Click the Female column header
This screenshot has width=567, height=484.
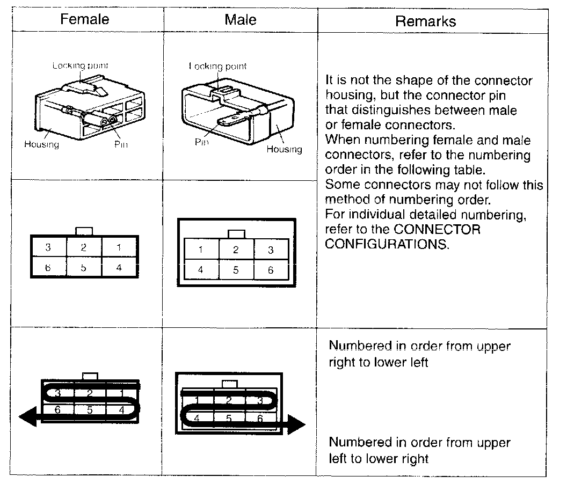(84, 20)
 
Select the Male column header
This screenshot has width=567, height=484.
(240, 20)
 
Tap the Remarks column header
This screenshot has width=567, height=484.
(425, 21)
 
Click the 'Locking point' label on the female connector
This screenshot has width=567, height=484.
(80, 65)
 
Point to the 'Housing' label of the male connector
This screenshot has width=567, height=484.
(284, 149)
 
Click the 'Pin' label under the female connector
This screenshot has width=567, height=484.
(121, 144)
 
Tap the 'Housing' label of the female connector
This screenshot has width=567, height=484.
(41, 144)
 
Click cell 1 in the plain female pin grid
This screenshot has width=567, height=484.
(119, 247)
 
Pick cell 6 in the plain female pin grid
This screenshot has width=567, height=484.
(48, 267)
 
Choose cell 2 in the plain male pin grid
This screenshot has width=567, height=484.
(236, 250)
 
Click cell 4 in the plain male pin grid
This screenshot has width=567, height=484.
(201, 270)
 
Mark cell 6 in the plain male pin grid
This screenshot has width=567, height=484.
(271, 270)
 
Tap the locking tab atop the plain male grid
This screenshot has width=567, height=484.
(236, 234)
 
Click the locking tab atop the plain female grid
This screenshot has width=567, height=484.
(84, 231)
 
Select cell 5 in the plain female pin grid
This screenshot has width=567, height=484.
(84, 267)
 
